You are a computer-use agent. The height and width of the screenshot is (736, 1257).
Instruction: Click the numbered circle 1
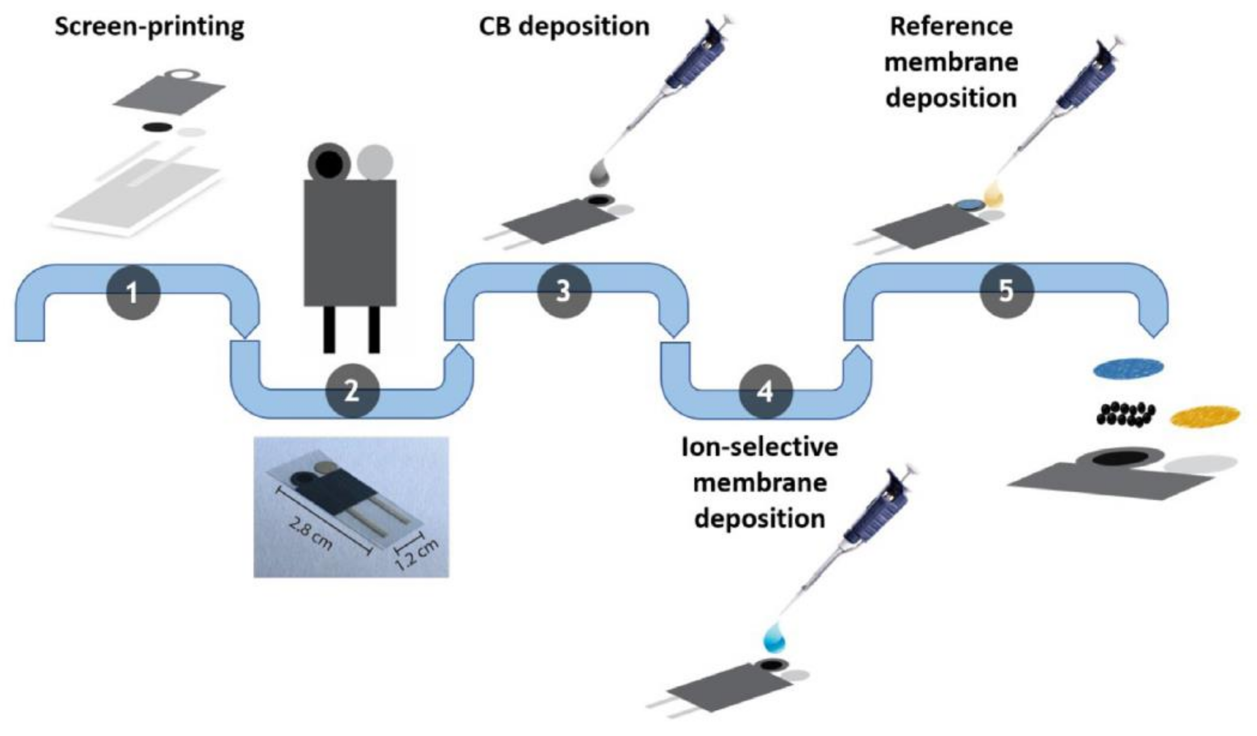133,293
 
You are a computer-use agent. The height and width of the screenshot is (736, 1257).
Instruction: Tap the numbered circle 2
352,391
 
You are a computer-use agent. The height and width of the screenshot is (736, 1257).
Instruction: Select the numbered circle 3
564,291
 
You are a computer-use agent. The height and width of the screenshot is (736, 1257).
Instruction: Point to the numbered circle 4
765,391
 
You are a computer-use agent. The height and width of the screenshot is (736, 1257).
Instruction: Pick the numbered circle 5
1006,291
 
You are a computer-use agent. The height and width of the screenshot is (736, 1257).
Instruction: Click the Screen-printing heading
149,26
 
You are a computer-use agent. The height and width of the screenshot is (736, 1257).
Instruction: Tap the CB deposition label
564,26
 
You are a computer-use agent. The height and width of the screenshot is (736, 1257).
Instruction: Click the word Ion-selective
759,447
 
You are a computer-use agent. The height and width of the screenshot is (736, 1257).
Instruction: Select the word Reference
951,26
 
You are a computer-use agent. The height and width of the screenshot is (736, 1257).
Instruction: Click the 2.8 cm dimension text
310,534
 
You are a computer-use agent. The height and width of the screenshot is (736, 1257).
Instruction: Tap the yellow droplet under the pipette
993,197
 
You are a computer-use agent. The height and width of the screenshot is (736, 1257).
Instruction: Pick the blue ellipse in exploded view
1128,368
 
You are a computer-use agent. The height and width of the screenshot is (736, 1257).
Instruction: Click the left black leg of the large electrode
329,329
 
